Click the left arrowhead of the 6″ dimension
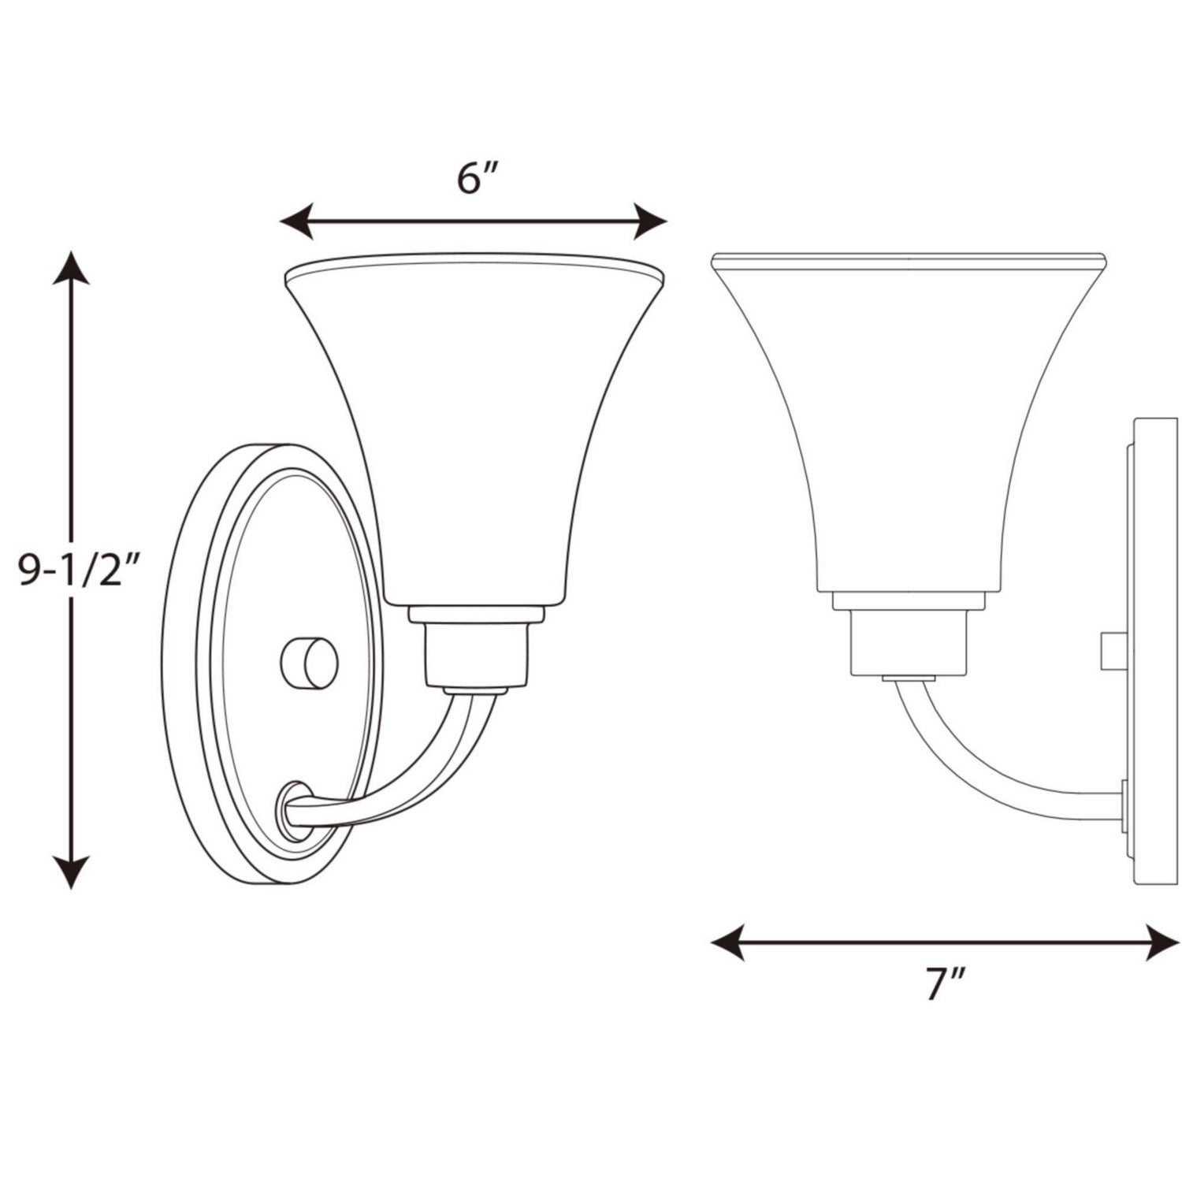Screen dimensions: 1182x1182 [x=295, y=221]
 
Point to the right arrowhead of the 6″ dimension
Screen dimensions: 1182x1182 [x=651, y=221]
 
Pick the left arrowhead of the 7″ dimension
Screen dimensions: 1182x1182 [x=727, y=942]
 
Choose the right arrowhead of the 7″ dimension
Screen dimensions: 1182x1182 [x=1163, y=942]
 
